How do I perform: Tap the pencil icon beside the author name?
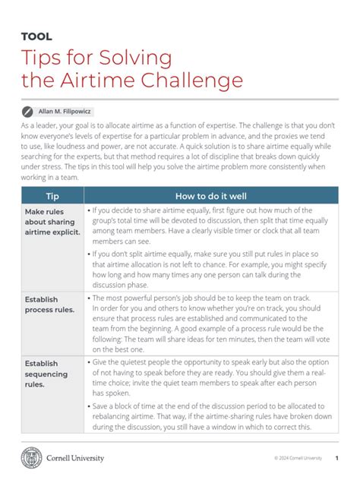pyautogui.click(x=27, y=111)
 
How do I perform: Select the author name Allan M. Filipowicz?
pyautogui.click(x=65, y=112)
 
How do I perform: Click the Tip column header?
pyautogui.click(x=52, y=195)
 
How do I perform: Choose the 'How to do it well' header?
pyautogui.click(x=211, y=195)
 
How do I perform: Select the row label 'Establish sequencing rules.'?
pyautogui.click(x=46, y=373)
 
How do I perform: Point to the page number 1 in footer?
pyautogui.click(x=336, y=459)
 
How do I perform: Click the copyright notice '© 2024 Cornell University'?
pyautogui.click(x=298, y=459)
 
